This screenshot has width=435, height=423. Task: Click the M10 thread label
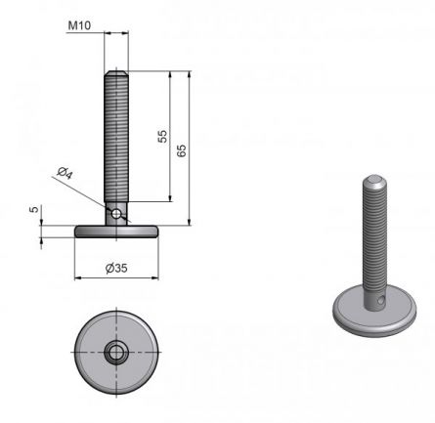click(x=78, y=26)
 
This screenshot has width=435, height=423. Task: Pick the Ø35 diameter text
click(x=116, y=268)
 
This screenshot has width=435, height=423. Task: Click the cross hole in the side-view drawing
click(x=116, y=212)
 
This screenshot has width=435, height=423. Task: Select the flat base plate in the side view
click(x=116, y=231)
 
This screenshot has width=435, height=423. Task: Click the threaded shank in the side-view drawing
click(x=116, y=137)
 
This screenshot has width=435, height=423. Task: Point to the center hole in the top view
click(x=116, y=350)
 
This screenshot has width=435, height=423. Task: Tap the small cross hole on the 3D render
click(x=379, y=303)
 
